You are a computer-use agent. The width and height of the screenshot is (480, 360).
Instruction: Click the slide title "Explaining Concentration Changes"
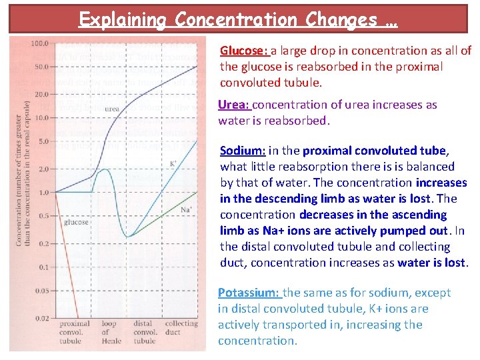click(x=238, y=19)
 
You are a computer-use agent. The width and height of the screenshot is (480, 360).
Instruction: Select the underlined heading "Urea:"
click(x=234, y=105)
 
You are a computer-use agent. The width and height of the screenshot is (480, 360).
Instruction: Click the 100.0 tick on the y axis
click(x=40, y=43)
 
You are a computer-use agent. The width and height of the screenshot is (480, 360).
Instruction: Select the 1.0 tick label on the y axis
click(x=43, y=193)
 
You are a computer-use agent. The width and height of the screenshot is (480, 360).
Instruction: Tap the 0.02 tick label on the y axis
click(x=41, y=318)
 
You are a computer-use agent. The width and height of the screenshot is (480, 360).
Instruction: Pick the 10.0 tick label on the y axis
click(x=41, y=118)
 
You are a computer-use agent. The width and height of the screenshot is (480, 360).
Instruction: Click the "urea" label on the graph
click(x=111, y=109)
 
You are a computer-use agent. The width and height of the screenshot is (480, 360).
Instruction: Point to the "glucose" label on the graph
click(x=75, y=223)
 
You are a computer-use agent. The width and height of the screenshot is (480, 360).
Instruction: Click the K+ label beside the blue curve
click(x=173, y=163)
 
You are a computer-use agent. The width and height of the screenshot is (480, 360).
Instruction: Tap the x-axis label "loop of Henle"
click(x=110, y=331)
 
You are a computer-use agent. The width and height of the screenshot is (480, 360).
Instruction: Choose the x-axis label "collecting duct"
click(x=181, y=327)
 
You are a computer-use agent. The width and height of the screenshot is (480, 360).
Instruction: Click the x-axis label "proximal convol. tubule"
click(x=73, y=331)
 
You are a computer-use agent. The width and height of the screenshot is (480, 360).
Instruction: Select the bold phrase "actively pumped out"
click(x=409, y=231)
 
